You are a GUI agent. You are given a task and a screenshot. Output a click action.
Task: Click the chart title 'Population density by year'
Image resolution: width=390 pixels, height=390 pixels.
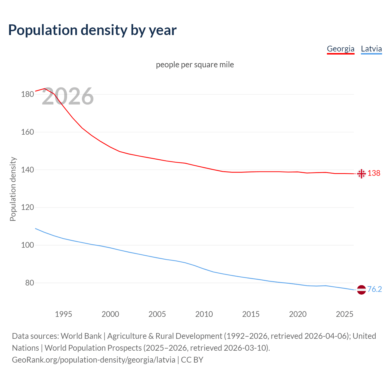[92, 30]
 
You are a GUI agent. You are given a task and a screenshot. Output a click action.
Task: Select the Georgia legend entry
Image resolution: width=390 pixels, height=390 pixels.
[340, 49]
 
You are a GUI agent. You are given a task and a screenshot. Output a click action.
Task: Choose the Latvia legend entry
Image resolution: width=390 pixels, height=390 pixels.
[371, 49]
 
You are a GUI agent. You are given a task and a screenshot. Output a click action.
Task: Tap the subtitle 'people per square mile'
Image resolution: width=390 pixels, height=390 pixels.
[195, 65]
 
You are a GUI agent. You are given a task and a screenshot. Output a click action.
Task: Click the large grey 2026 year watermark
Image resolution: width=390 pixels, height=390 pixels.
[68, 96]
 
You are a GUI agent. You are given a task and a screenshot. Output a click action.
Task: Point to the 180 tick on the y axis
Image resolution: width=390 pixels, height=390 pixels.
[27, 94]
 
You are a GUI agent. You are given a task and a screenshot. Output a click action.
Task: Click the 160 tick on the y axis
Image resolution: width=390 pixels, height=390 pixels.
[27, 132]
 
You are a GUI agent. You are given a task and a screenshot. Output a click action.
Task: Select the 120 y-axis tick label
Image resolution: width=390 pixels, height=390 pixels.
[27, 207]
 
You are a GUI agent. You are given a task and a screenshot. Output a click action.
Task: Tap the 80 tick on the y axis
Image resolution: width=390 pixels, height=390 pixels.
[29, 283]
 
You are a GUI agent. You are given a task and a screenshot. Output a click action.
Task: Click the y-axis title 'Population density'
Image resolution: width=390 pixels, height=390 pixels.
[13, 189]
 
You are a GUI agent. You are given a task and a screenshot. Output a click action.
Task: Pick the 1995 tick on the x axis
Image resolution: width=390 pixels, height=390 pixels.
[63, 314]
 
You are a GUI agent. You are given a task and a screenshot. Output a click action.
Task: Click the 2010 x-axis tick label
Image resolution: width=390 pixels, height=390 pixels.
[204, 314]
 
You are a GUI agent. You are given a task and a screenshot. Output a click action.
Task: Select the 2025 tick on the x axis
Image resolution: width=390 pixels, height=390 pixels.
[344, 314]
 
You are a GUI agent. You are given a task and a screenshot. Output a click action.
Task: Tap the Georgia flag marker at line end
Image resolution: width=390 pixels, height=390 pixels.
[361, 174]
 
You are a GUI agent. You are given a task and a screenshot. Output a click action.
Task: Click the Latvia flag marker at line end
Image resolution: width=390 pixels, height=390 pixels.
[361, 290]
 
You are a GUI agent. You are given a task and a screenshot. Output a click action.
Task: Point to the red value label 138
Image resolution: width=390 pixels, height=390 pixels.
[374, 173]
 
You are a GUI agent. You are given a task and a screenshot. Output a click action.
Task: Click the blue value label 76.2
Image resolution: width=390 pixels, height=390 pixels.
[374, 289]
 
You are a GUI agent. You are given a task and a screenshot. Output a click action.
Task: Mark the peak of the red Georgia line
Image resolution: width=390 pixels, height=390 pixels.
[44, 89]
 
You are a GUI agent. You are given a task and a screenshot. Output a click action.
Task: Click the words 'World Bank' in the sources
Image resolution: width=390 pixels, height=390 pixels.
[81, 336]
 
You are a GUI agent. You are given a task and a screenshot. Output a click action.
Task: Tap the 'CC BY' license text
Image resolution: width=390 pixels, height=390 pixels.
[192, 360]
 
